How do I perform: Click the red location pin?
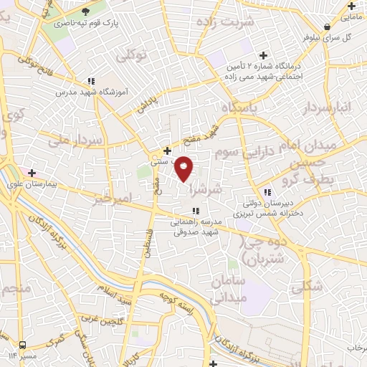point(184,168)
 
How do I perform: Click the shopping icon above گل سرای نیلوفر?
point(327,26)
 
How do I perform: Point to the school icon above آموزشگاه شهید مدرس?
point(90,81)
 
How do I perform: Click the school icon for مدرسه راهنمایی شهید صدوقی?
point(195,210)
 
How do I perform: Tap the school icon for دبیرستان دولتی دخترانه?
point(267,192)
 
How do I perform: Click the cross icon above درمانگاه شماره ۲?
point(264,55)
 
